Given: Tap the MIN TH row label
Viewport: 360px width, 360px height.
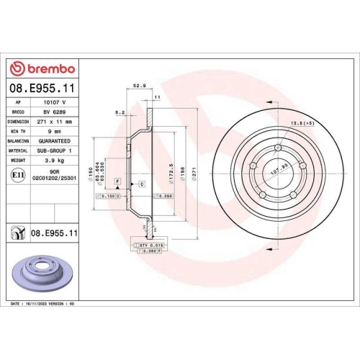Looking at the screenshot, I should tap(18, 132).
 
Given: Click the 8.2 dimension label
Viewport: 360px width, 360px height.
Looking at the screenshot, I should tap(120, 112).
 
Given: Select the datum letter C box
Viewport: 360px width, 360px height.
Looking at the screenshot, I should tap(142, 184).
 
